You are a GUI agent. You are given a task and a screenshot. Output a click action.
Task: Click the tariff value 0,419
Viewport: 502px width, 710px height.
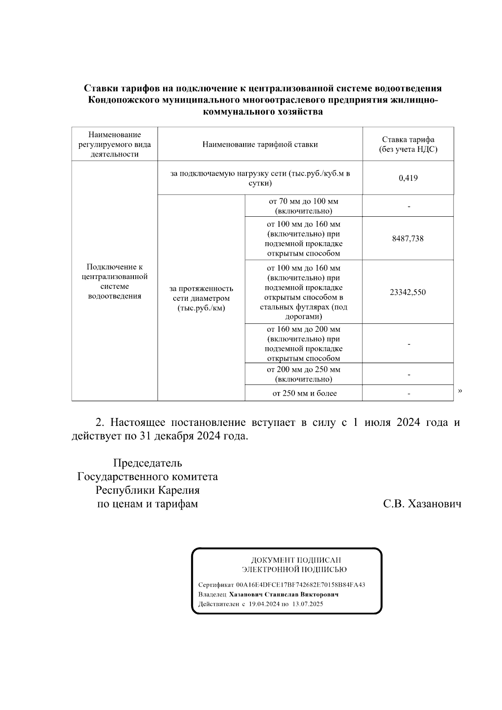[408, 178]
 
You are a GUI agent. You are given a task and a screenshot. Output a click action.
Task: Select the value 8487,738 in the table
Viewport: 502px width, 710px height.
[407, 238]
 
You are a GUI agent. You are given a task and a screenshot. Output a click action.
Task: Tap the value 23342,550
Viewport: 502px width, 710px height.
[407, 292]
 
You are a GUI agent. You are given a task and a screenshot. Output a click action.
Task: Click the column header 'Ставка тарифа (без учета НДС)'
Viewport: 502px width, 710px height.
[408, 144]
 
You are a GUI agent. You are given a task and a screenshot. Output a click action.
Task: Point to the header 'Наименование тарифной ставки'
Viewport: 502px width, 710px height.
[260, 144]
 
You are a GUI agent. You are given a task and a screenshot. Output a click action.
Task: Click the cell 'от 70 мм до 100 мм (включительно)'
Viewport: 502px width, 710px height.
[303, 206]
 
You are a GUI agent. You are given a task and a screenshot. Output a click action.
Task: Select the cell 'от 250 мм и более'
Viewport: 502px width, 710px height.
[304, 393]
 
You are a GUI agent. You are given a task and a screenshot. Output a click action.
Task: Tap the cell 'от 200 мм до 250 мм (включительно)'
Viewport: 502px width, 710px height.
[303, 374]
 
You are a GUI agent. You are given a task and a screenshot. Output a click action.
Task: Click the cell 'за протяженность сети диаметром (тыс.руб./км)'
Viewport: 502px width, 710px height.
[201, 298]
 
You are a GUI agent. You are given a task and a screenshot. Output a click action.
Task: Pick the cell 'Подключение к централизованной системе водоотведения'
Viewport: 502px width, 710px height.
[115, 281]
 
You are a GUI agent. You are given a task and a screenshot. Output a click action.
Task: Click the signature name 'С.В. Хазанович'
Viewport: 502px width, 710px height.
[422, 504]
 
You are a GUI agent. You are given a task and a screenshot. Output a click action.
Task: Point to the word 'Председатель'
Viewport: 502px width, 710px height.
[147, 463]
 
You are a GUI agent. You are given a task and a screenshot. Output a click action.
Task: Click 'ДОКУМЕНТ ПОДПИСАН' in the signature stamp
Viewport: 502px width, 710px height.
[296, 560]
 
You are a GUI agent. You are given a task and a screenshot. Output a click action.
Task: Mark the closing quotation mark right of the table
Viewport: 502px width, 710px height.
[460, 391]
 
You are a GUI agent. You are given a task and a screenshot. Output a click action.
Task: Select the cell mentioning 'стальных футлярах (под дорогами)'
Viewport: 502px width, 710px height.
[303, 292]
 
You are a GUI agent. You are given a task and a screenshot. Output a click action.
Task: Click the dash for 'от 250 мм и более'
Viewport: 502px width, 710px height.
[408, 394]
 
